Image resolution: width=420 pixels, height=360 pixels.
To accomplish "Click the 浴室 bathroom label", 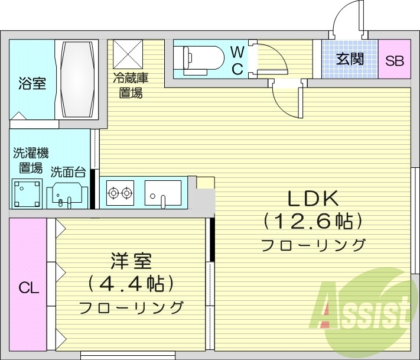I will pyautogui.click(x=32, y=83).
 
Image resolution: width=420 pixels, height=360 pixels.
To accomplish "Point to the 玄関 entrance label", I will pyautogui.click(x=349, y=59).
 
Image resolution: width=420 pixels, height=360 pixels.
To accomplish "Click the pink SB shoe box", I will pyautogui.click(x=394, y=60).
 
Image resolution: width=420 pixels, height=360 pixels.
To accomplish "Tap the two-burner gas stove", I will pyautogui.click(x=121, y=192).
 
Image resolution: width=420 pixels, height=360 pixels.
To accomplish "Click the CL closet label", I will pyautogui.click(x=28, y=288).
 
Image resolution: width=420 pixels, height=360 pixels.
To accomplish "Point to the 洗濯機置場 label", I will pyautogui.click(x=28, y=160).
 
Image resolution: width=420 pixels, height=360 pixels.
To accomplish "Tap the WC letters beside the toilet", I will pyautogui.click(x=236, y=59).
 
